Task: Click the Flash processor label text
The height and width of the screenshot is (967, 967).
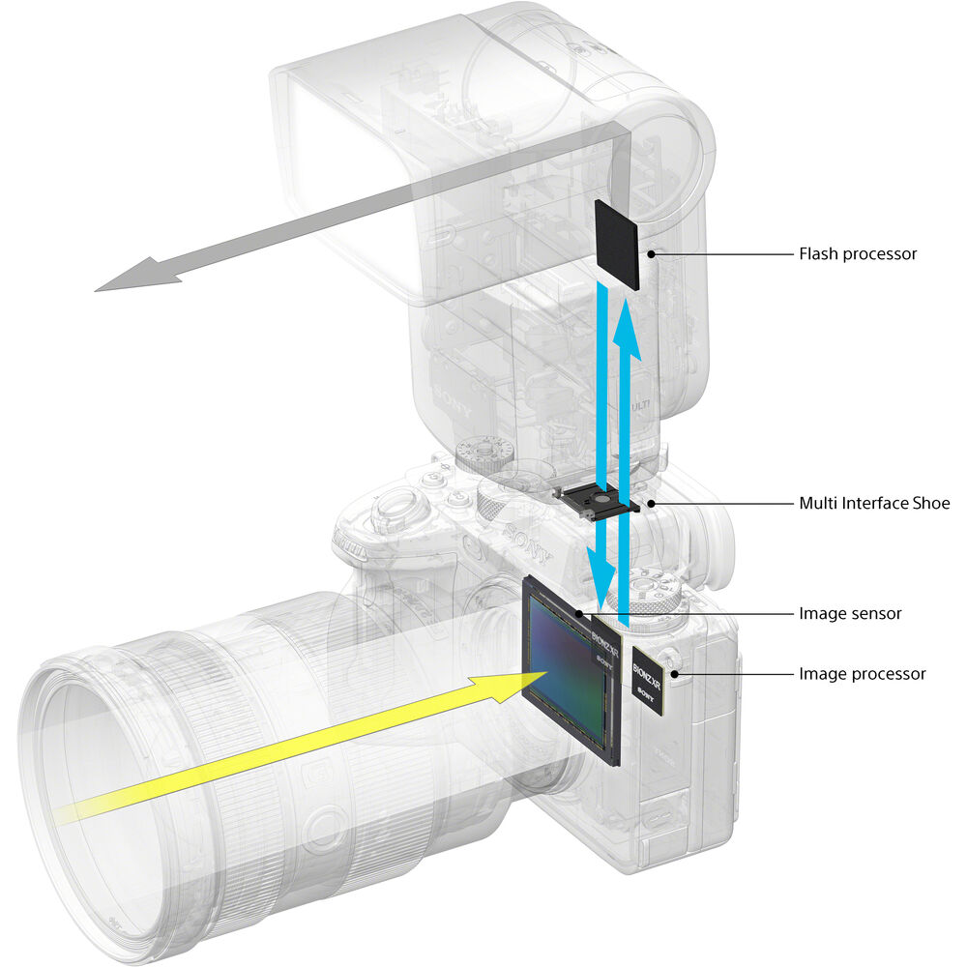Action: coord(857,254)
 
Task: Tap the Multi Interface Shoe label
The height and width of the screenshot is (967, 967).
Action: coord(874,503)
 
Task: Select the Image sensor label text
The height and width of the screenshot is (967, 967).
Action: coord(849,613)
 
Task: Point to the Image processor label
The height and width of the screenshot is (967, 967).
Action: coord(862,674)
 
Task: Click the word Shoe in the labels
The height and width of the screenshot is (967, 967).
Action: coord(931,503)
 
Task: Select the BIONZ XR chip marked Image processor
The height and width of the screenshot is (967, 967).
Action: coord(646,683)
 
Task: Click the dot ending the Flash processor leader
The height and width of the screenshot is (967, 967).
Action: coord(653,254)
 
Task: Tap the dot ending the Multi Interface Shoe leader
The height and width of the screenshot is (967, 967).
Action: coord(653,503)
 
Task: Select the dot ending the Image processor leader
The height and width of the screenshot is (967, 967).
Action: coord(671,674)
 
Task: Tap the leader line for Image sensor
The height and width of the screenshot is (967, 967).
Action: coord(696,613)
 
